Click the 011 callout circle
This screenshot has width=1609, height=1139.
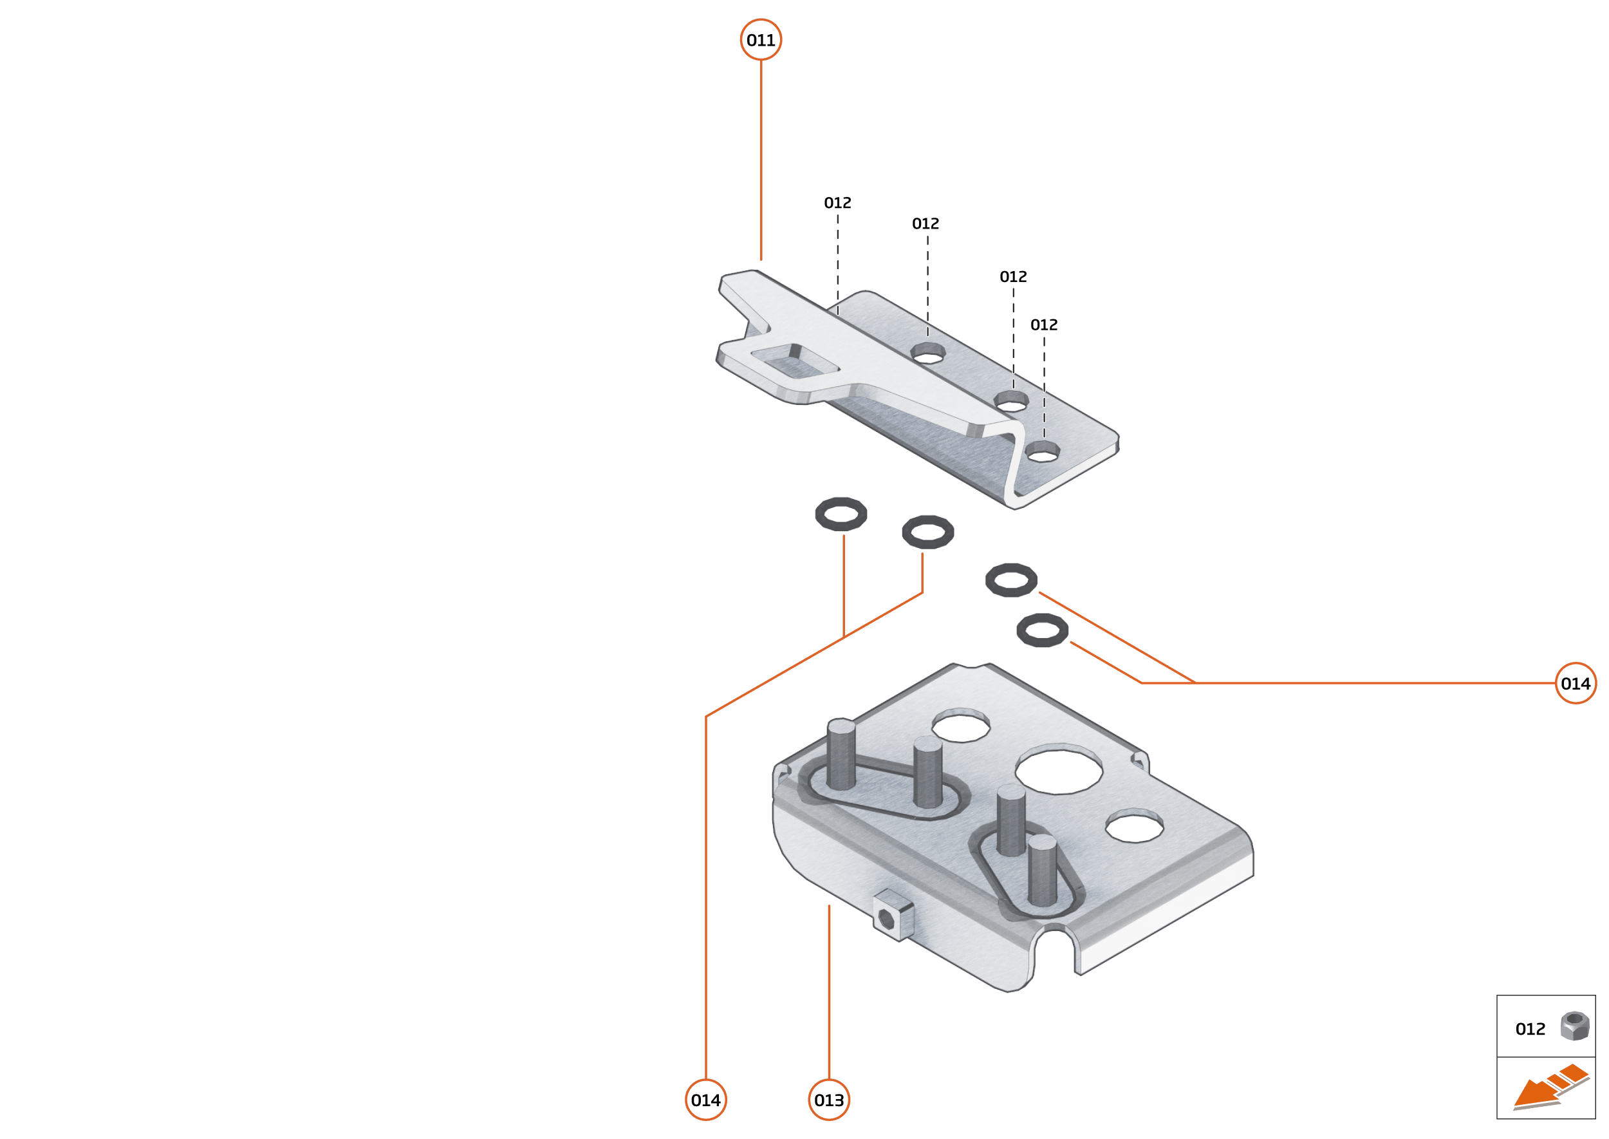pos(761,39)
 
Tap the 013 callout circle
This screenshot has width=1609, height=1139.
pos(829,1100)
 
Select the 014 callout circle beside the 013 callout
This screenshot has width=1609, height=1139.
pos(705,1100)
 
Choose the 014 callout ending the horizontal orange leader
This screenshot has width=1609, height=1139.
pos(1576,683)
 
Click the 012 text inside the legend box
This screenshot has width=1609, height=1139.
pos(1530,1029)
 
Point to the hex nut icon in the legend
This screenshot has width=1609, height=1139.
pos(1575,1026)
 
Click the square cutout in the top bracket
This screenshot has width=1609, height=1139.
pos(795,361)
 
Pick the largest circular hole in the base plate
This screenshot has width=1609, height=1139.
pos(1059,769)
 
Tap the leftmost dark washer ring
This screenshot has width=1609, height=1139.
pos(841,514)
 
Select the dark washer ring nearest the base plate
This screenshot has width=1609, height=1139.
pos(1042,630)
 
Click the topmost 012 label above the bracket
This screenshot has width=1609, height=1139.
pos(837,203)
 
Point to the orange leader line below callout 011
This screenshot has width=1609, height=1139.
pos(761,160)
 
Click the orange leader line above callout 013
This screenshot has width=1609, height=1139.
pos(829,992)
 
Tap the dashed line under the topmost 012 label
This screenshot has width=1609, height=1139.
pos(837,265)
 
